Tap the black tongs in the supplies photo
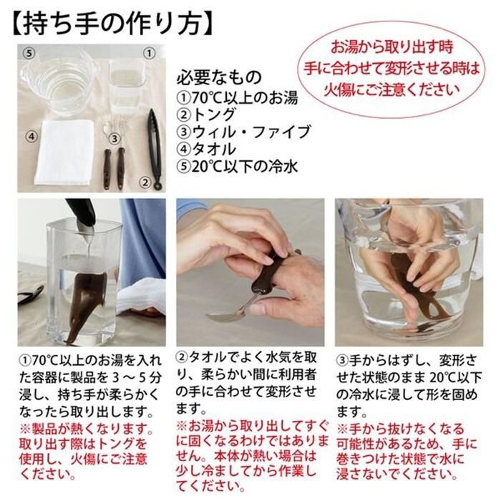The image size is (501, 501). tap(155, 149)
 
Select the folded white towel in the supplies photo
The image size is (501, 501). tap(64, 152)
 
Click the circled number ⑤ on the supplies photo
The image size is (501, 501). tap(29, 54)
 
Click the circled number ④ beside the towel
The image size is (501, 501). tap(31, 137)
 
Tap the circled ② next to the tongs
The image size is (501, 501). tap(145, 183)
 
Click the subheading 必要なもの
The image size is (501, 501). tap(219, 77)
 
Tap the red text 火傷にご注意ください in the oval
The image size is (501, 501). tap(392, 90)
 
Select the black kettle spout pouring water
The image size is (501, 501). tap(82, 218)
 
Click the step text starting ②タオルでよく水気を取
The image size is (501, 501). tap(246, 382)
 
